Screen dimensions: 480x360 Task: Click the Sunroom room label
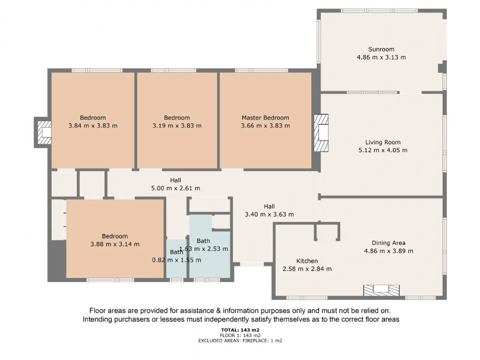tap(381, 49)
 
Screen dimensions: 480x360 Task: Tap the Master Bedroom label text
tap(265, 118)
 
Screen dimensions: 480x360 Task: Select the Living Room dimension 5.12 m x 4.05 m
tap(383, 150)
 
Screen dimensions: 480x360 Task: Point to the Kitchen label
tap(307, 261)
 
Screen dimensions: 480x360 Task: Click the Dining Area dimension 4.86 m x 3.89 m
tap(388, 251)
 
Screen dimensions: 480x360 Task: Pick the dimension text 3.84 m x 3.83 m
tap(93, 126)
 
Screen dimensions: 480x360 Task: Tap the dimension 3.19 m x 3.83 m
tap(177, 126)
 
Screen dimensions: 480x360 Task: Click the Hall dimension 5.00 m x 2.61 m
tap(175, 188)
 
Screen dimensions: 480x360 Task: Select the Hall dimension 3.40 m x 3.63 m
tap(269, 214)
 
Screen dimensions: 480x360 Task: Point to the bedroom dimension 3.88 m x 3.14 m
tap(115, 244)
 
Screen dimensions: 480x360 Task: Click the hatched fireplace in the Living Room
tap(321, 133)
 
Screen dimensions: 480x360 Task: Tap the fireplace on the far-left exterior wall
tap(45, 132)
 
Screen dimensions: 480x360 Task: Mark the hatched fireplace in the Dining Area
tap(381, 290)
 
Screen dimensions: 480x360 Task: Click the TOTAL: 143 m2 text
tap(240, 330)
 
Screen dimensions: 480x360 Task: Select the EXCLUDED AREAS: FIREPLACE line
tap(240, 340)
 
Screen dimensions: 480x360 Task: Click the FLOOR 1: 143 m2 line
tap(240, 335)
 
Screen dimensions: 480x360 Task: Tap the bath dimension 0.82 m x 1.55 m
tap(177, 260)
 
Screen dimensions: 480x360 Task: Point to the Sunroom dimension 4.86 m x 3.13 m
tap(381, 57)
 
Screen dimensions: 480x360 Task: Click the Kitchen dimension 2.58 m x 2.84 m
tap(307, 268)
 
